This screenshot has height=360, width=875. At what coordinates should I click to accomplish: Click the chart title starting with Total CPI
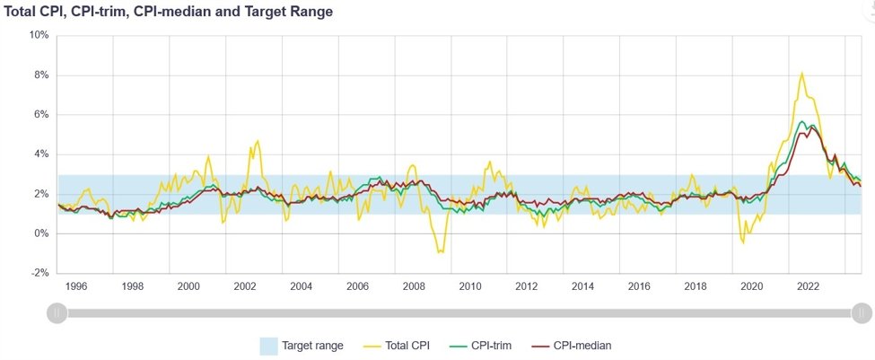(x=169, y=12)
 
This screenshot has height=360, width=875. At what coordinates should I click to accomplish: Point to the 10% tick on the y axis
(x=39, y=35)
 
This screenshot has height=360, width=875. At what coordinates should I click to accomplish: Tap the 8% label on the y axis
(x=41, y=75)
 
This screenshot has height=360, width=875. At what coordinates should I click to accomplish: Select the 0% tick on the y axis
(x=41, y=233)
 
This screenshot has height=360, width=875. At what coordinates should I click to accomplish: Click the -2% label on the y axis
(x=40, y=273)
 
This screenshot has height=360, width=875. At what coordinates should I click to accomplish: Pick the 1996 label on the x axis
(x=75, y=286)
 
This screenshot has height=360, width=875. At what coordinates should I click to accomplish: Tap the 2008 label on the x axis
(x=414, y=286)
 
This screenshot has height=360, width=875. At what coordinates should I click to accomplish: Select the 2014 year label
(x=582, y=286)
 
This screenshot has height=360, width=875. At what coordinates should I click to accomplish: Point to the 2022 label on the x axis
(x=808, y=286)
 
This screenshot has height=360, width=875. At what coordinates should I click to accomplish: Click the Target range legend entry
(x=311, y=345)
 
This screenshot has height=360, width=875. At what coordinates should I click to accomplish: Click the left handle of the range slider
(x=57, y=312)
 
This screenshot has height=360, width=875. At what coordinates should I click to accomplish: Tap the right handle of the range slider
(x=862, y=312)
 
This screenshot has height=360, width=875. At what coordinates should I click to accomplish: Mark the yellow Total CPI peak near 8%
(x=801, y=74)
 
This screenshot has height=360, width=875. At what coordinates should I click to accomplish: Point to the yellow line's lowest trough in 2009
(x=439, y=252)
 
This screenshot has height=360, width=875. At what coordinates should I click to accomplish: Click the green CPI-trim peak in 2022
(x=802, y=121)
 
